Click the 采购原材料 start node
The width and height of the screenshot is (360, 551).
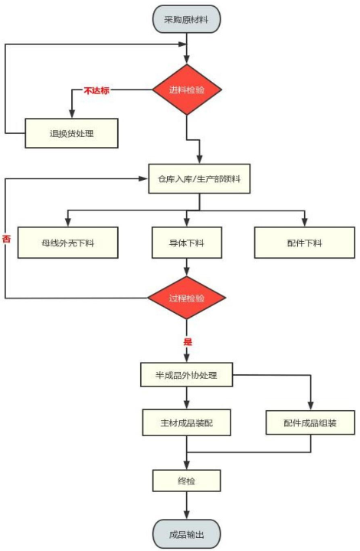tap(186, 18)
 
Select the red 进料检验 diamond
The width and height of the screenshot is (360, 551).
tap(187, 90)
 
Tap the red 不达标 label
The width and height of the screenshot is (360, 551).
tap(97, 90)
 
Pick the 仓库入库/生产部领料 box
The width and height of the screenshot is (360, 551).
tap(199, 180)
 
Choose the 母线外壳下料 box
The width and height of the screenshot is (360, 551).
tap(68, 243)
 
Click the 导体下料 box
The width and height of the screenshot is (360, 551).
tap(187, 243)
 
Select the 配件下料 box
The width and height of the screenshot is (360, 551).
tap(304, 243)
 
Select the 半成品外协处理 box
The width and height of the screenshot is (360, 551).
tap(187, 376)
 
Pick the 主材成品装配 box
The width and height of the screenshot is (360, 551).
tap(187, 422)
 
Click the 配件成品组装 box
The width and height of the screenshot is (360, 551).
tap(311, 422)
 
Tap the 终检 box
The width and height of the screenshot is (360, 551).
tap(187, 481)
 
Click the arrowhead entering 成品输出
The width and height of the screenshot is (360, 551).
tap(187, 516)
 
